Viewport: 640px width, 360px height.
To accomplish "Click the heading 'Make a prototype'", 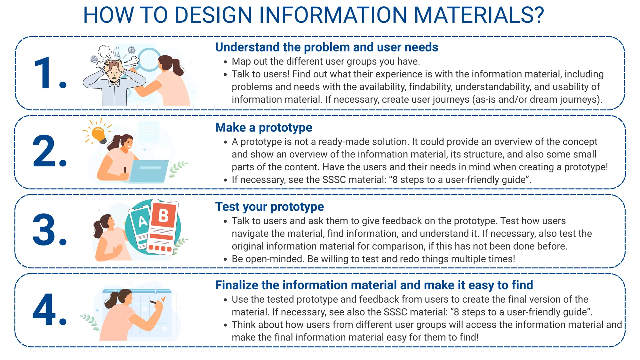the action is click(x=264, y=128).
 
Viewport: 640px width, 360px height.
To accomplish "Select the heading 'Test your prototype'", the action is click(x=269, y=207).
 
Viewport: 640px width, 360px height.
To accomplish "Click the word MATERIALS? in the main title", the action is click(x=479, y=15).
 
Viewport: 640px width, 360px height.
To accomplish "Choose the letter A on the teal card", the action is click(x=142, y=221).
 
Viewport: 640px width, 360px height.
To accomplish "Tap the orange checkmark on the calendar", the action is click(x=163, y=299).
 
